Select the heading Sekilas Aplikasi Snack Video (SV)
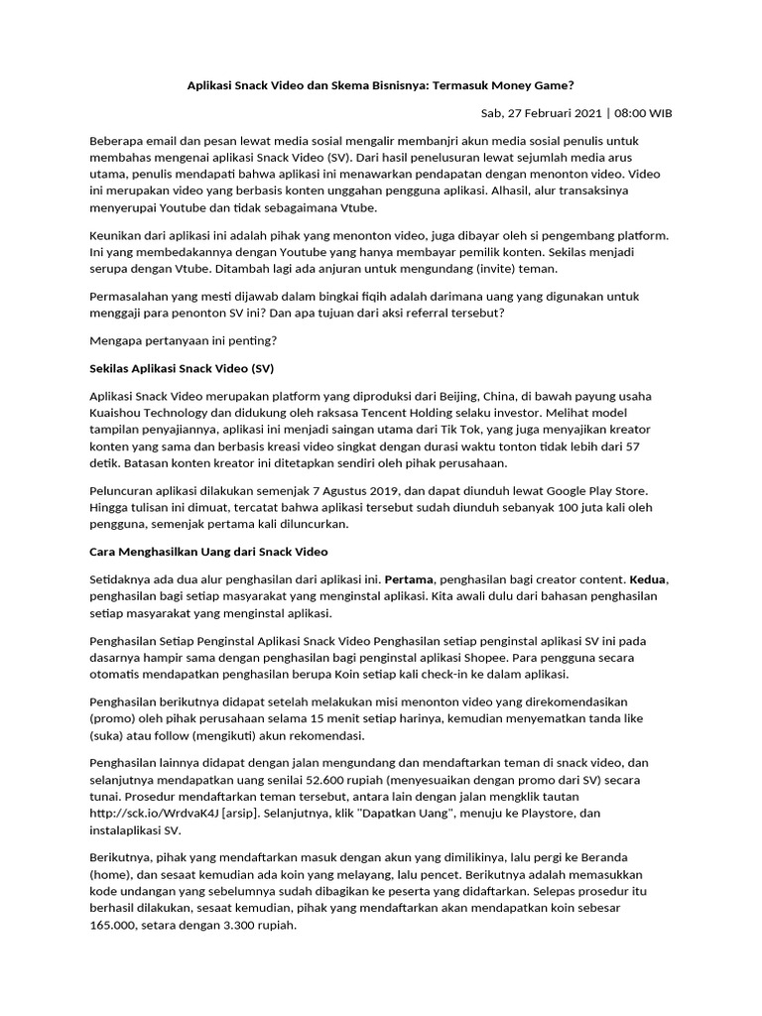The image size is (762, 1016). tap(181, 369)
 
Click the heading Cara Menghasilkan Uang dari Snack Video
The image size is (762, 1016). tap(208, 550)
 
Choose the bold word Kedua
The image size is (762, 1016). tap(648, 577)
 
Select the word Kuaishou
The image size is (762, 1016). tap(118, 411)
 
